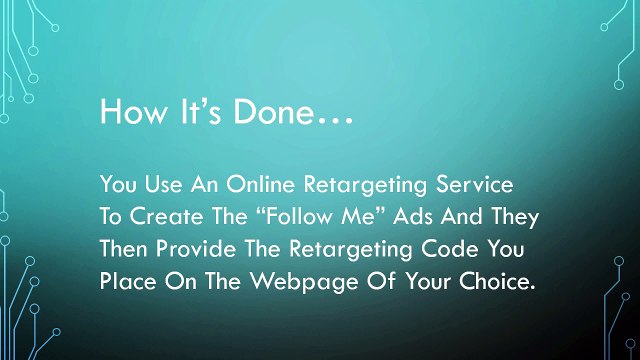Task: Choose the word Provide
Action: (199, 247)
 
